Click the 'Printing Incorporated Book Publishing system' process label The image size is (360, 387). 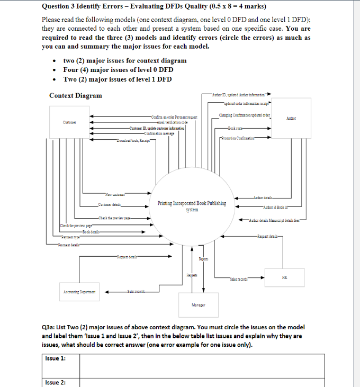tap(192, 205)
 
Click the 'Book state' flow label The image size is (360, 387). tap(236, 128)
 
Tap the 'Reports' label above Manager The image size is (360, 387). tap(203, 259)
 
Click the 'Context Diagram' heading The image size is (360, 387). tap(76, 95)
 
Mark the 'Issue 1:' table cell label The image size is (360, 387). tap(56, 358)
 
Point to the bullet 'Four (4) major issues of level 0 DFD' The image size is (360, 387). tap(118, 70)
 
